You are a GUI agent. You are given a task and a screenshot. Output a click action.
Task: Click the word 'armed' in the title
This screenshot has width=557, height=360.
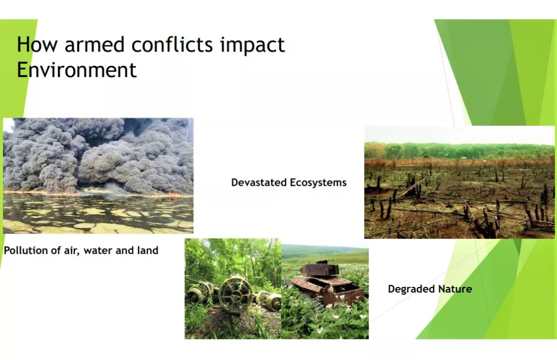95,44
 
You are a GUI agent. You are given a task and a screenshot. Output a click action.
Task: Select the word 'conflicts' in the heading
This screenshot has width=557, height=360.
172,44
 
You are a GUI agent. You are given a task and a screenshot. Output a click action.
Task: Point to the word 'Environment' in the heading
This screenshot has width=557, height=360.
77,69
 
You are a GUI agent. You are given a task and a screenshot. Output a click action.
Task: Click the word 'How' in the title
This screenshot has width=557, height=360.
37,44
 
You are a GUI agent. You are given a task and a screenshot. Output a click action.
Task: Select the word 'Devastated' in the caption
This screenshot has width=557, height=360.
259,182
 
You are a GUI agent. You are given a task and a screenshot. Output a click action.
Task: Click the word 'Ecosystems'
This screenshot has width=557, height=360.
318,183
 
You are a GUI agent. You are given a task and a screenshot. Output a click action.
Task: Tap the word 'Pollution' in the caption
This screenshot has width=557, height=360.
26,250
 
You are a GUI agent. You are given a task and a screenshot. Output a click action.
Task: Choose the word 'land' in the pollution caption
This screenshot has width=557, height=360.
147,250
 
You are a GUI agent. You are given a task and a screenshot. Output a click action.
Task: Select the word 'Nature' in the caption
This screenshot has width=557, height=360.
455,289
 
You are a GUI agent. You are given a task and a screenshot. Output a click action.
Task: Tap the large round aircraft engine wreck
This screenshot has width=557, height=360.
235,294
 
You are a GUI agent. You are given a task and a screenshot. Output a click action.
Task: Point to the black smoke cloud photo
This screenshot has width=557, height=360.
99,176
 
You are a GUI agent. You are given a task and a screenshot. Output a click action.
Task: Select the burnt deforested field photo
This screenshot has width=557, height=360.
460,182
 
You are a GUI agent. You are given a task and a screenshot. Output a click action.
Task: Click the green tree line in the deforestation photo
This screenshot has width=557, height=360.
460,151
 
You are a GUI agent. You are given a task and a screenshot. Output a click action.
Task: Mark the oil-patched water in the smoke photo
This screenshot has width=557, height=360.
99,214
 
